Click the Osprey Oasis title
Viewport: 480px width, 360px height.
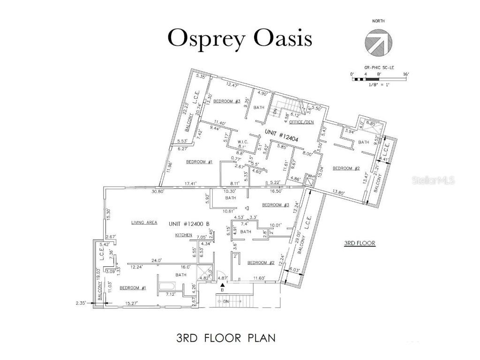click(x=240, y=38)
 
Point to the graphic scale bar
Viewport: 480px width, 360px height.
click(x=381, y=79)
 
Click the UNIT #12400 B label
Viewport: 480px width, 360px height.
click(x=191, y=224)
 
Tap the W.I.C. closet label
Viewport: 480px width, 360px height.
click(x=242, y=142)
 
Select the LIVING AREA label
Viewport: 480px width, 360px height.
click(x=144, y=223)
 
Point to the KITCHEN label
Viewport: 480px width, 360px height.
click(x=184, y=235)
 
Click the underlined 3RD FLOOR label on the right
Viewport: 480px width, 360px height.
click(x=360, y=243)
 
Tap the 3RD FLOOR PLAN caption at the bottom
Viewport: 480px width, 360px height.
click(x=225, y=337)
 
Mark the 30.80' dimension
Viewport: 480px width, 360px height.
click(x=160, y=191)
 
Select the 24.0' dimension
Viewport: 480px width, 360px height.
click(x=156, y=260)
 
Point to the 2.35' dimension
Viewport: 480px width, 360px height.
click(x=82, y=303)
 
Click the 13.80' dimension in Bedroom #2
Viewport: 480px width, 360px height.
click(x=341, y=192)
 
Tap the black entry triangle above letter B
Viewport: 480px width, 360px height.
click(x=222, y=284)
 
